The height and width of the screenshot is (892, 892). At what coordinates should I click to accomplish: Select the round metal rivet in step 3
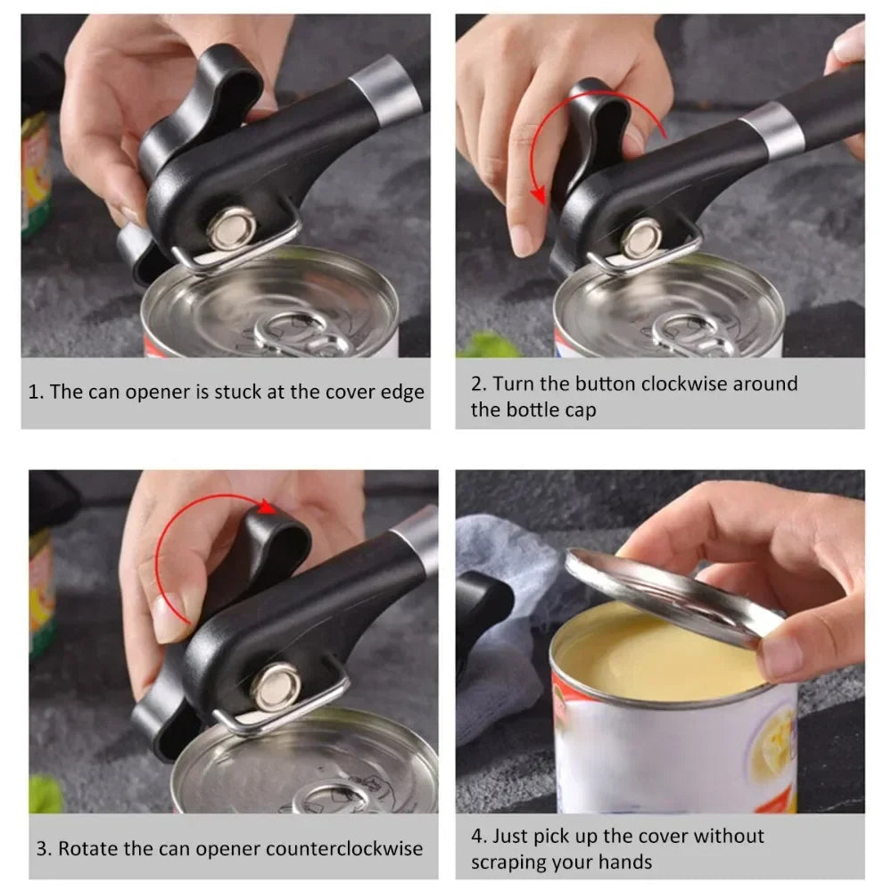tap(276, 685)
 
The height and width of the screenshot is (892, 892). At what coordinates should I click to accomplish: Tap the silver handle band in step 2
tap(772, 130)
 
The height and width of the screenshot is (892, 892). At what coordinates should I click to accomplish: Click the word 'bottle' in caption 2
tap(554, 411)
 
